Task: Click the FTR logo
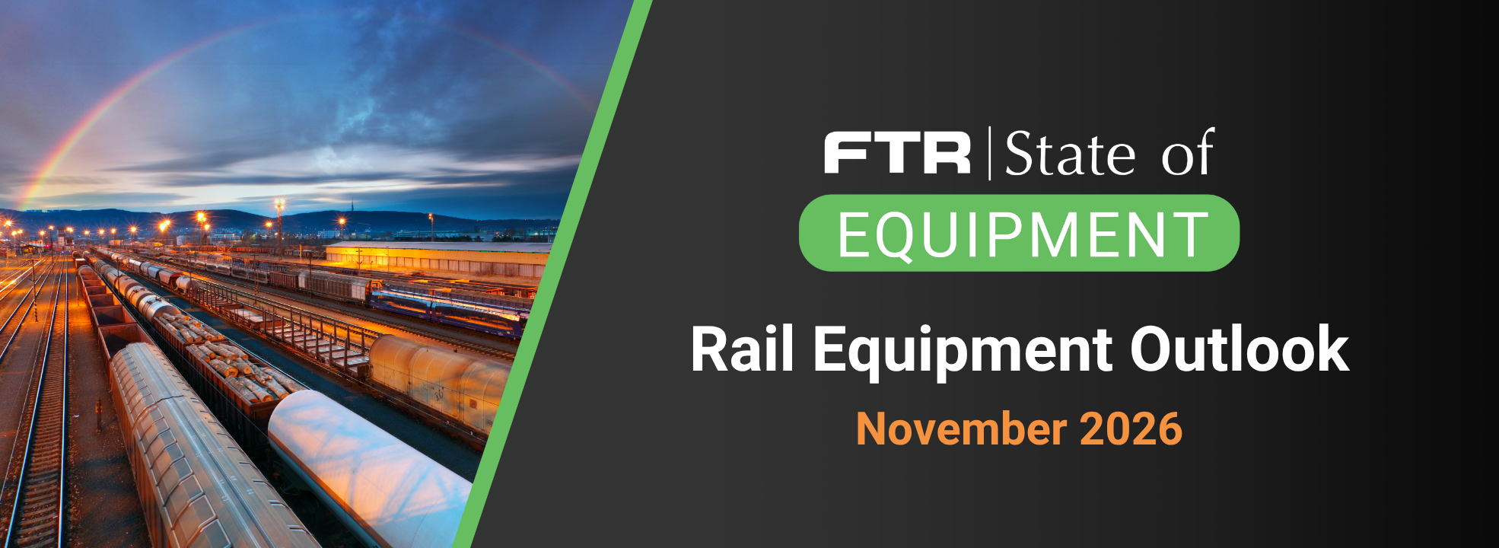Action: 897,153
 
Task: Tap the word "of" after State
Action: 1187,152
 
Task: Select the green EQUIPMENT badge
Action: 1019,233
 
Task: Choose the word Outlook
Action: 1240,349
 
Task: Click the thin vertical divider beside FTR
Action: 989,154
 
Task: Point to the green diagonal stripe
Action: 552,274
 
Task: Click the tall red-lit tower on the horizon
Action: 279,221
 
